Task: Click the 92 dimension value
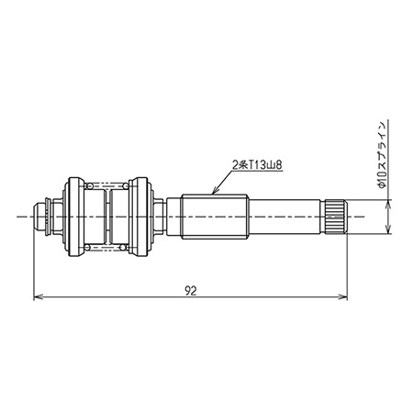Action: tap(191, 291)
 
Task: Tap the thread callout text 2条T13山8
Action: tap(257, 165)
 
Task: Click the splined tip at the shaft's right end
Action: tap(335, 217)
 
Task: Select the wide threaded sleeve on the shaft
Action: tap(214, 217)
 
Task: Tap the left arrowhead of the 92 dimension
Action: tap(38, 296)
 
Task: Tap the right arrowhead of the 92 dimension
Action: tap(342, 296)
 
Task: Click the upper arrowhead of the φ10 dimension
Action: tap(388, 204)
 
